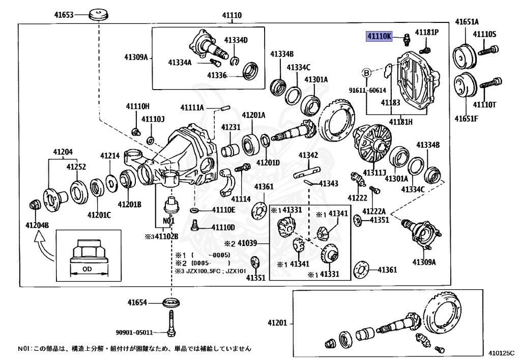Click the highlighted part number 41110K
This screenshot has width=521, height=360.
pyautogui.click(x=380, y=36)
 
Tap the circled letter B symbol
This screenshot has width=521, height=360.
pyautogui.click(x=366, y=73)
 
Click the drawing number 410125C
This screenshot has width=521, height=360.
pyautogui.click(x=501, y=351)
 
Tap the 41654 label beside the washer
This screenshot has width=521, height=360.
pyautogui.click(x=137, y=302)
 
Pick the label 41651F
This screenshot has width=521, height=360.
pyautogui.click(x=467, y=119)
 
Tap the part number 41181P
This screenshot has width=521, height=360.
pyautogui.click(x=426, y=32)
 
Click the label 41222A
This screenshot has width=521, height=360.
pyautogui.click(x=374, y=211)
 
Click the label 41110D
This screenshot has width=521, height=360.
pyautogui.click(x=224, y=227)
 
